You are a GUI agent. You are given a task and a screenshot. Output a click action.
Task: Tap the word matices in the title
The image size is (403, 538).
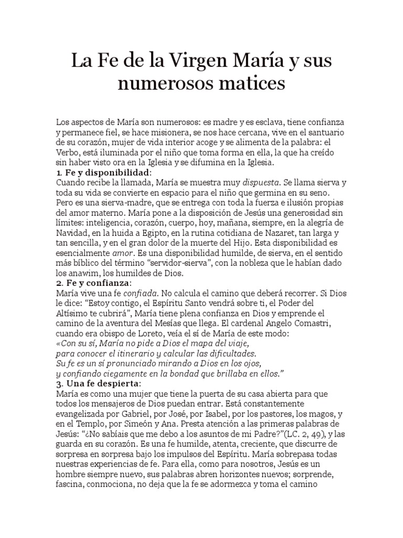coord(251,82)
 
